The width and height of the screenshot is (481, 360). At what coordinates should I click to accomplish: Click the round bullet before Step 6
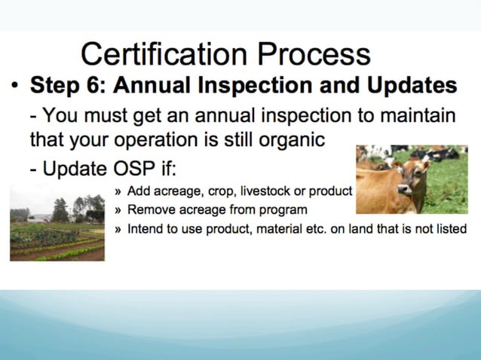coord(14,85)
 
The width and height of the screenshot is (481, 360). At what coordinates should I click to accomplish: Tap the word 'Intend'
coord(145,228)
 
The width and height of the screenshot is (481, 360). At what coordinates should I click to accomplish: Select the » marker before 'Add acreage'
coord(119,191)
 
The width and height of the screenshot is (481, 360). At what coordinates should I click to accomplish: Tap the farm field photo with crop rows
coord(57,226)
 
